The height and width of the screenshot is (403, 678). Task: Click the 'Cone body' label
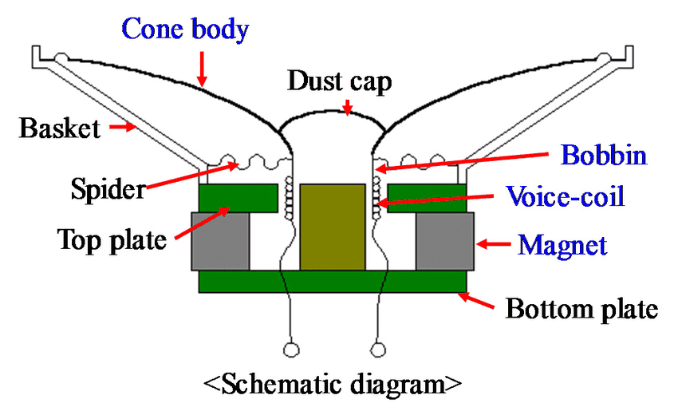(x=184, y=30)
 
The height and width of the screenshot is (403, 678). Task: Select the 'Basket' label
(x=61, y=127)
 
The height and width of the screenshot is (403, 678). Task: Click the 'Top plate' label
(x=112, y=239)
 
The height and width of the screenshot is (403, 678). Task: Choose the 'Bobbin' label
(x=602, y=155)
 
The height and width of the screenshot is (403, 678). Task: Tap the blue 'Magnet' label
(x=562, y=243)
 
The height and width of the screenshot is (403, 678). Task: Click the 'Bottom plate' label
(x=581, y=308)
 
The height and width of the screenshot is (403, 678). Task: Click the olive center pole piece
(x=332, y=227)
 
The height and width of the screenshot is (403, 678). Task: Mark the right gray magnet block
(x=445, y=240)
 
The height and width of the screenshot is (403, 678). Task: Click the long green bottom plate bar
(x=332, y=281)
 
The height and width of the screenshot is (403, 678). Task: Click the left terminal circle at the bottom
(x=291, y=349)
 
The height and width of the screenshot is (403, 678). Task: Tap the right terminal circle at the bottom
(x=379, y=349)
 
